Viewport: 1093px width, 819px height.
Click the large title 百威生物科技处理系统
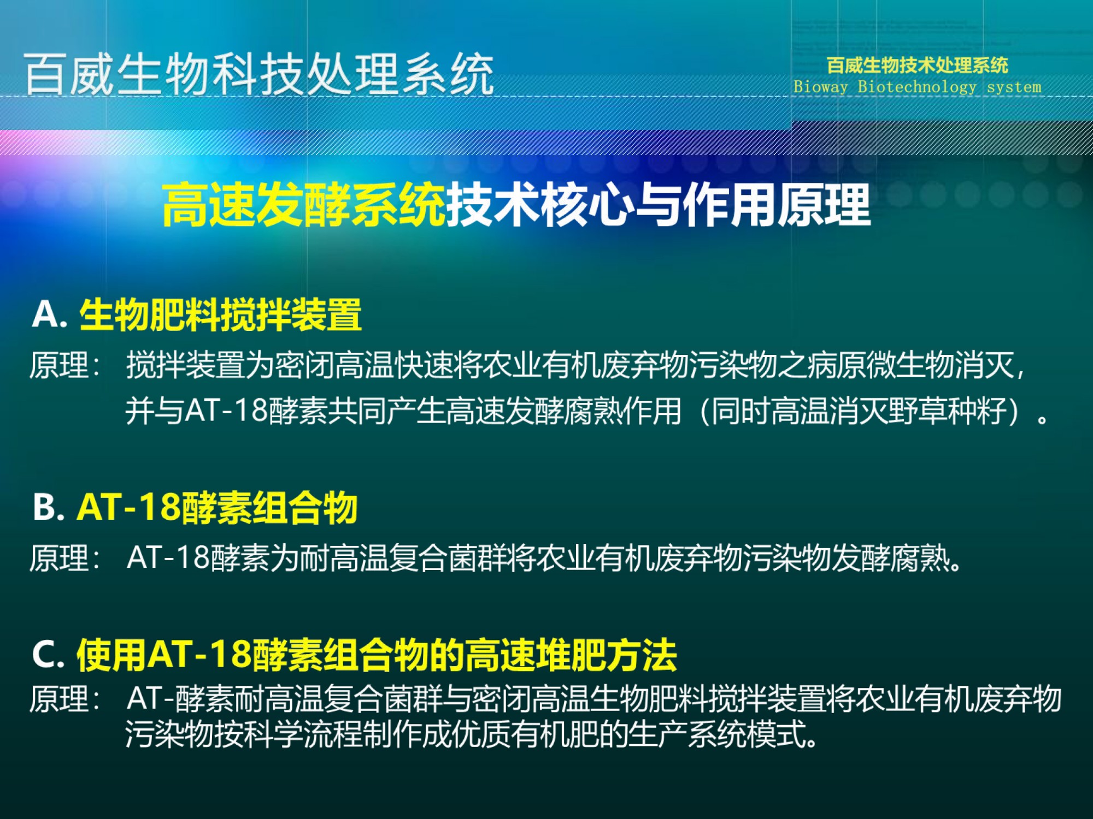[x=259, y=74]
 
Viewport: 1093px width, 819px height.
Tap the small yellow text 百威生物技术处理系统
[x=918, y=66]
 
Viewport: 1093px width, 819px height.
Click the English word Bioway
[x=821, y=87]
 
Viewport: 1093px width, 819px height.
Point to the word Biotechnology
[x=917, y=87]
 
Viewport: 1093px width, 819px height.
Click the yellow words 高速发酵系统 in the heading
[x=304, y=205]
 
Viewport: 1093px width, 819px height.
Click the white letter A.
[x=45, y=314]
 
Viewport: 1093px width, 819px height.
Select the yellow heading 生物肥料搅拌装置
[x=220, y=314]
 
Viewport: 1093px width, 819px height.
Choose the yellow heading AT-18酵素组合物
[x=217, y=508]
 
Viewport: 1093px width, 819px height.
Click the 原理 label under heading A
[x=59, y=365]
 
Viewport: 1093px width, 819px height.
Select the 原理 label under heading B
[x=59, y=558]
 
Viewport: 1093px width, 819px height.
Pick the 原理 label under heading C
[x=59, y=699]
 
